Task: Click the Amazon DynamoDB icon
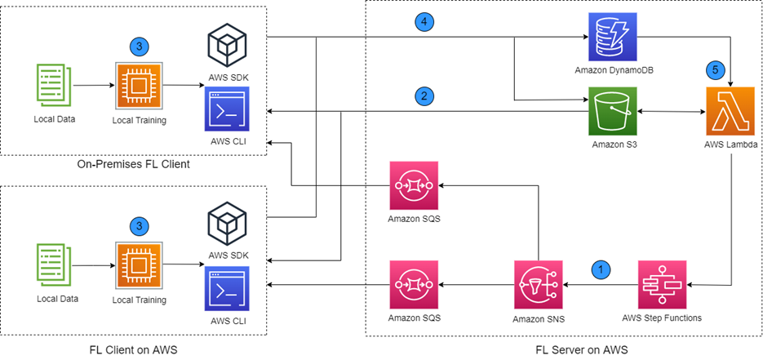point(613,38)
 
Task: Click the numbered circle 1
point(601,268)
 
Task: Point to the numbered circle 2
point(422,96)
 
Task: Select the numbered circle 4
point(422,21)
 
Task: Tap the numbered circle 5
point(715,69)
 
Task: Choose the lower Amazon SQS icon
point(415,285)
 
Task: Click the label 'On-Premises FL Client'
point(133,166)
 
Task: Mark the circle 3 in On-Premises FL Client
point(140,47)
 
